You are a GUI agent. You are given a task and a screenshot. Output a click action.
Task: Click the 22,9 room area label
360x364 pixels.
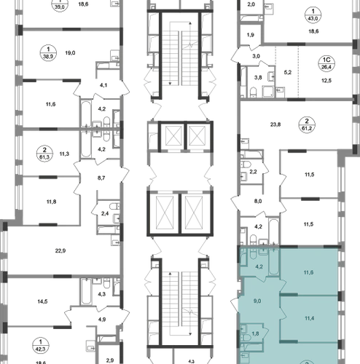60,250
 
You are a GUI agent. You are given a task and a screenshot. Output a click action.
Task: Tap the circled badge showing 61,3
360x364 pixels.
44,154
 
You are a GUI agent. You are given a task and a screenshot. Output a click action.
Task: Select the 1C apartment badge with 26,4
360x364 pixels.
326,63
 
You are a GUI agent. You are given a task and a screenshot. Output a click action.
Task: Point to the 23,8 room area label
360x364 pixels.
275,124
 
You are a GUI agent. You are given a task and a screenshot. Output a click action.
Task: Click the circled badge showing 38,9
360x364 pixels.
48,52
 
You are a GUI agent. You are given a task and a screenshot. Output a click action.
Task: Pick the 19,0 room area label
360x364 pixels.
70,52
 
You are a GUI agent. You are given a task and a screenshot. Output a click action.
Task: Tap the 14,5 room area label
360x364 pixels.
42,301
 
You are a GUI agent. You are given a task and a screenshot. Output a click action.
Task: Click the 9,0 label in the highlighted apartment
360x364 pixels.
257,301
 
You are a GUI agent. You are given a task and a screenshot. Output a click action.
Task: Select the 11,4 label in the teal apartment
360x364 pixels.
310,318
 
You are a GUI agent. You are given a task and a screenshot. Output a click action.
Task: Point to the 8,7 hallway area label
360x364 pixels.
101,178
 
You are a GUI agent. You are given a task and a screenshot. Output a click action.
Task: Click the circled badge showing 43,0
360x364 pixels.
313,15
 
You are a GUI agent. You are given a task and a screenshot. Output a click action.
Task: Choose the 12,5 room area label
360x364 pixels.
326,81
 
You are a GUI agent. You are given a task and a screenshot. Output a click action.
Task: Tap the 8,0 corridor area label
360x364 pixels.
258,201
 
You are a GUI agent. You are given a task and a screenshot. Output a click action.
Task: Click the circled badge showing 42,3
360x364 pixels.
41,346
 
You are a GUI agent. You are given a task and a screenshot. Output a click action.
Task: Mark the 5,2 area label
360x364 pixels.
288,72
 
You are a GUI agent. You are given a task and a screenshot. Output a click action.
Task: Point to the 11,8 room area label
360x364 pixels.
51,202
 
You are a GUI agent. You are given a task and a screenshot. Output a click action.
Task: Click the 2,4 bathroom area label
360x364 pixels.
105,214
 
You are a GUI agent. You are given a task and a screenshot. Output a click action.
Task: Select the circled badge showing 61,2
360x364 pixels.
307,124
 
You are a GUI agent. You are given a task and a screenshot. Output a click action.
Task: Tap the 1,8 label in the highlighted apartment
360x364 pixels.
255,333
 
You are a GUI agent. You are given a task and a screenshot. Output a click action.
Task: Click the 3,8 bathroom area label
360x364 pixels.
258,78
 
